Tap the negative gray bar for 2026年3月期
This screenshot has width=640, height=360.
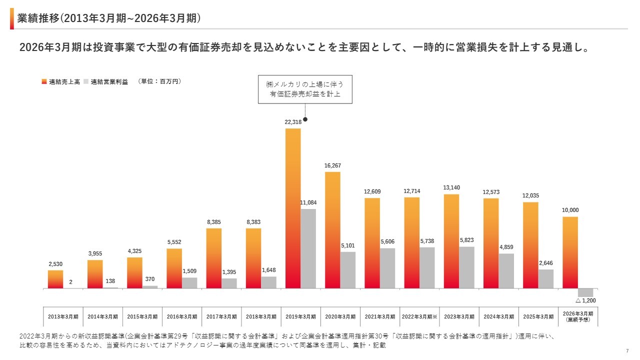[x=585, y=293]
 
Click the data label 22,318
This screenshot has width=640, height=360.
[x=293, y=122]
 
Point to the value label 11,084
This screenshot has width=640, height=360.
[x=308, y=202]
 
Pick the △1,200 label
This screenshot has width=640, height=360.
[x=585, y=300]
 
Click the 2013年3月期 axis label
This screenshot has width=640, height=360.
[x=63, y=316]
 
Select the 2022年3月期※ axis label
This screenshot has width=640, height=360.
[x=420, y=316]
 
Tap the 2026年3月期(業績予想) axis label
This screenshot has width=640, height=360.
[x=578, y=316]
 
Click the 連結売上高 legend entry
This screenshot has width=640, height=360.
[x=61, y=81]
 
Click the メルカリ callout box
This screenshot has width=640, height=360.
[x=305, y=89]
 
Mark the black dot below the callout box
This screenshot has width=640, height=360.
[x=305, y=119]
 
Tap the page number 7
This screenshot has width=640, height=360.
[x=627, y=350]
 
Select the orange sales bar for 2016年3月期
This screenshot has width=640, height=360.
[x=174, y=268]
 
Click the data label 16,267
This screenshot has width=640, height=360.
[x=332, y=165]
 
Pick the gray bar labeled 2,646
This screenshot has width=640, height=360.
[x=546, y=279]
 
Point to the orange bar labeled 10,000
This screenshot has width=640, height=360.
[x=570, y=252]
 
